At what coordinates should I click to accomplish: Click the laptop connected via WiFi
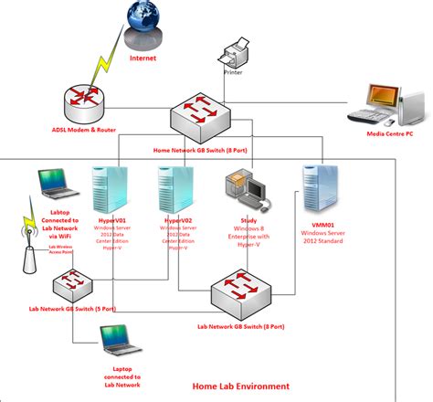56,186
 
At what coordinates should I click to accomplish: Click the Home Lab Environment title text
241,386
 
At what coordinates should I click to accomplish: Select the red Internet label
143,57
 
